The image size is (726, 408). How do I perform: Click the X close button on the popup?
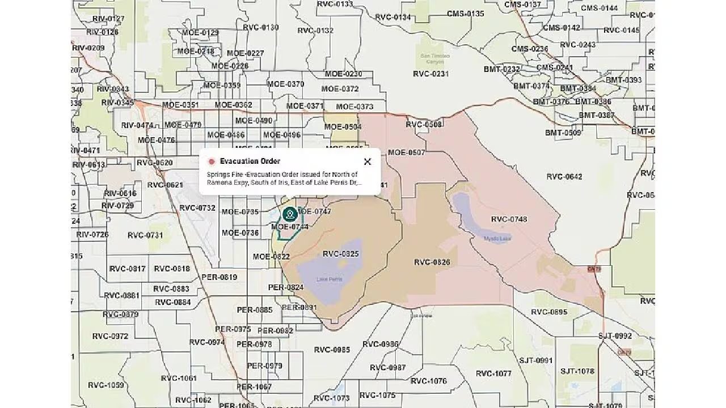[x=368, y=161]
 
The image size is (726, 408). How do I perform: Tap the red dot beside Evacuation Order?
[x=212, y=161]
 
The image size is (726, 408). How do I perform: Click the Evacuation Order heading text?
[x=250, y=161]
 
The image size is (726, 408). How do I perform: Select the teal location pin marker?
[x=290, y=214]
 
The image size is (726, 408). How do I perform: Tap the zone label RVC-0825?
[x=341, y=254]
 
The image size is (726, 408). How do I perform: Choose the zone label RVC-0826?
[x=432, y=262]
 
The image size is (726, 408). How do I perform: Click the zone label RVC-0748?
[x=509, y=219]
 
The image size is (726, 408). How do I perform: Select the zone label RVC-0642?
[x=564, y=177]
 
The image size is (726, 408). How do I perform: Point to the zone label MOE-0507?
[x=406, y=152]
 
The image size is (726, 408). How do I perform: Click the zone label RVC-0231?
[x=431, y=74]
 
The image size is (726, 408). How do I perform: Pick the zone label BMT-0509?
[x=563, y=133]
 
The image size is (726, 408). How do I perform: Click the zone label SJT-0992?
[x=615, y=336]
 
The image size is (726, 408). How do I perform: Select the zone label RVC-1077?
[x=493, y=373]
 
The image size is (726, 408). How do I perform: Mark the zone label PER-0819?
[x=220, y=277]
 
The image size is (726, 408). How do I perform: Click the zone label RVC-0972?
[x=111, y=336]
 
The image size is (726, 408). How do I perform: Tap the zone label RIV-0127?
[x=108, y=19]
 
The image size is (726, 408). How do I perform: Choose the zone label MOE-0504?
[x=343, y=127]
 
